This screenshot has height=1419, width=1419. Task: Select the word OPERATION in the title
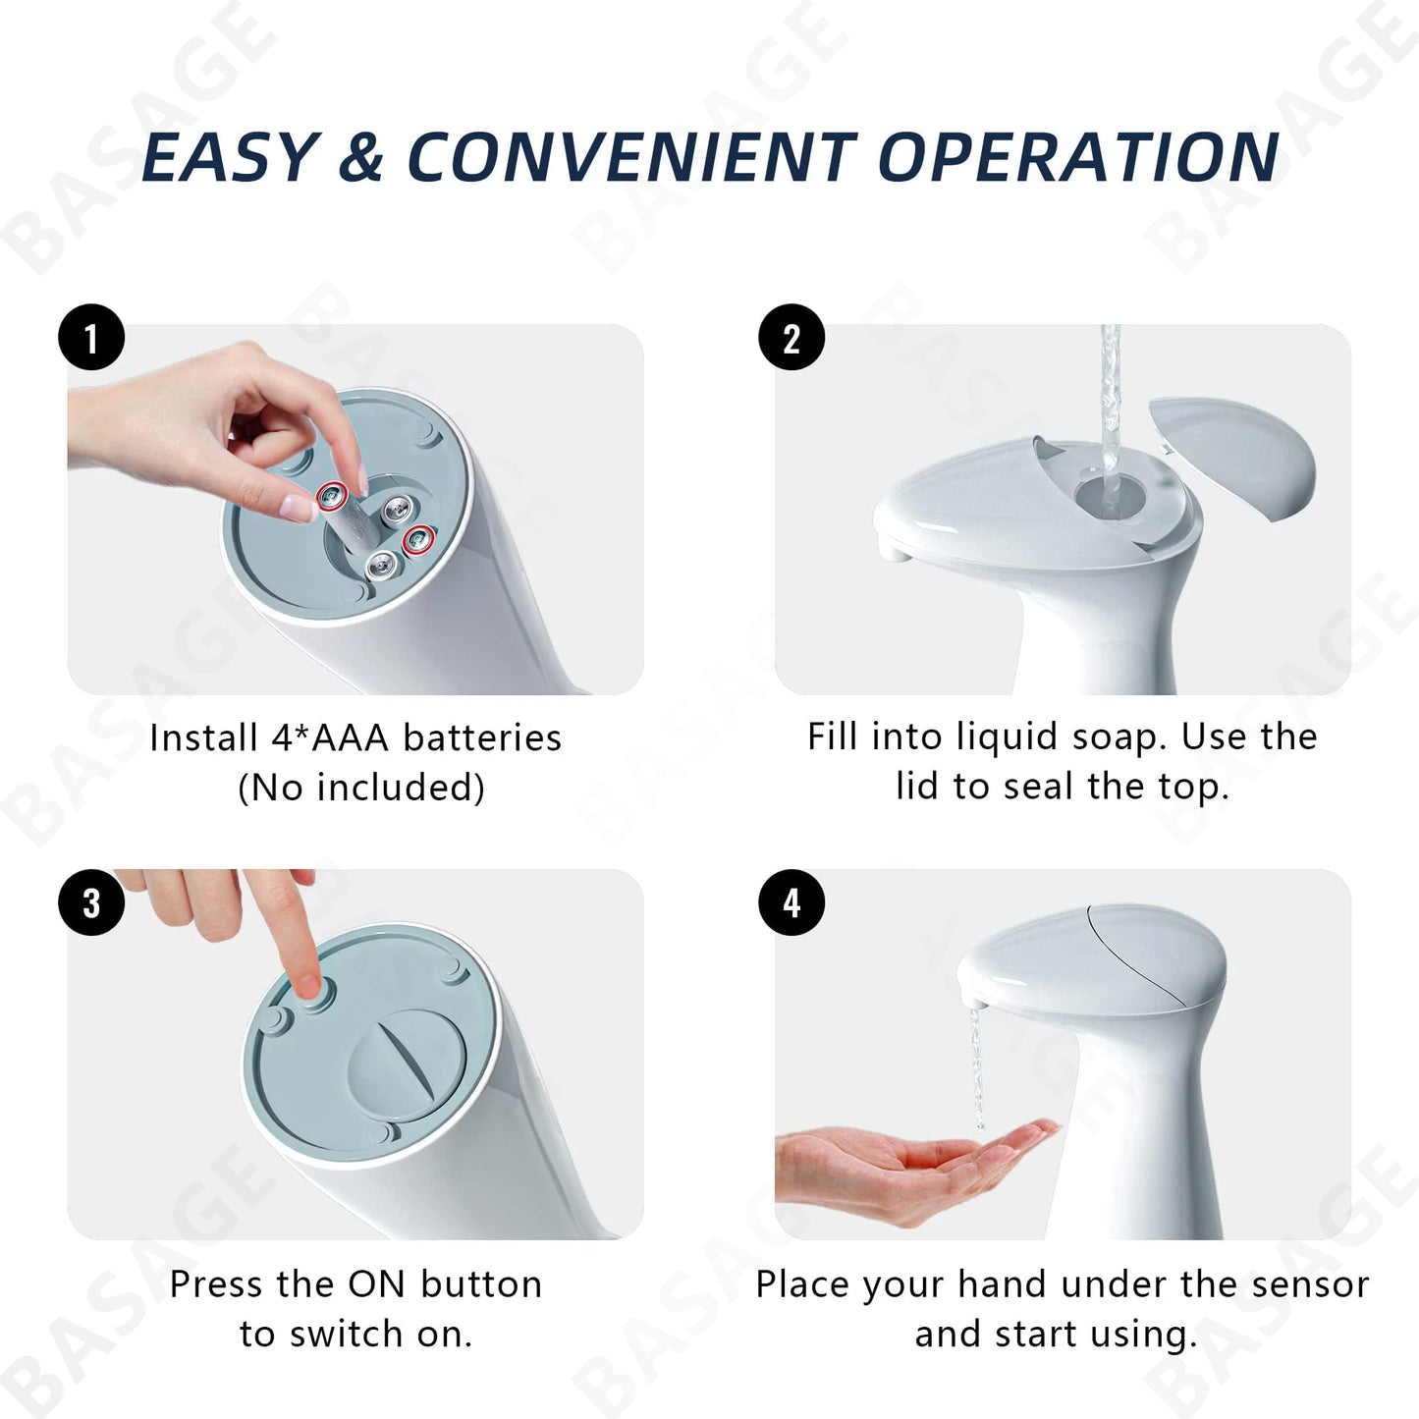pos(1077,157)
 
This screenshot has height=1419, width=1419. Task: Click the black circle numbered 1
pos(91,339)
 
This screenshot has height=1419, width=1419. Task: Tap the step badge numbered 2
pos(791,339)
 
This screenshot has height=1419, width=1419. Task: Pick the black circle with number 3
pos(91,902)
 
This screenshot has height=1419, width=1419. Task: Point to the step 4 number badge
pos(791,902)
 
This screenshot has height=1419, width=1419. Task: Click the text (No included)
pos(361,788)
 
